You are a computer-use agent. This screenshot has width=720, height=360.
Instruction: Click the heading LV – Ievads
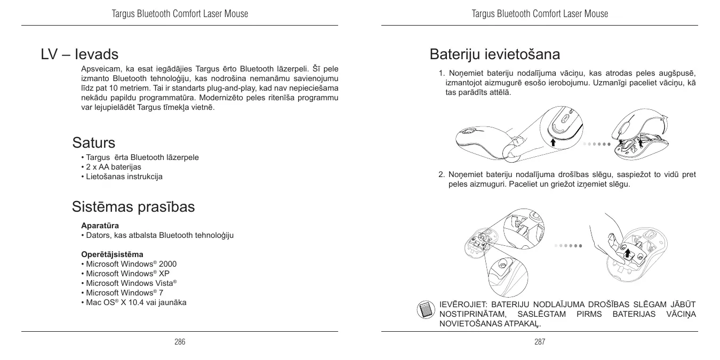(x=79, y=54)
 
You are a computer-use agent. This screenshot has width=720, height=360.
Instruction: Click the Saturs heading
(x=94, y=143)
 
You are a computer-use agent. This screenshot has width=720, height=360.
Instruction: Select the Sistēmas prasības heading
(x=133, y=207)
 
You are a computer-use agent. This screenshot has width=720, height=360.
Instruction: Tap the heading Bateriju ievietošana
(x=494, y=54)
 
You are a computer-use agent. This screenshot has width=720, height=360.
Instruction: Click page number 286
(x=180, y=342)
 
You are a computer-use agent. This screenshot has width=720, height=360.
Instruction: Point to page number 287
(x=540, y=342)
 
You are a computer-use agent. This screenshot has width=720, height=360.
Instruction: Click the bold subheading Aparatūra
(x=100, y=226)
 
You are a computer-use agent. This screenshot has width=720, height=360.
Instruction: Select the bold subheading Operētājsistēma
(x=112, y=254)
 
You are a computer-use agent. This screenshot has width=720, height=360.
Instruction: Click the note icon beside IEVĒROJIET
(x=425, y=309)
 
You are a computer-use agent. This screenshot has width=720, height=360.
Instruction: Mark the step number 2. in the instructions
(x=442, y=175)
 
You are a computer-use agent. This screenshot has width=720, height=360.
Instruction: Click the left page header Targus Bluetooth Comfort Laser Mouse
(x=180, y=14)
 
